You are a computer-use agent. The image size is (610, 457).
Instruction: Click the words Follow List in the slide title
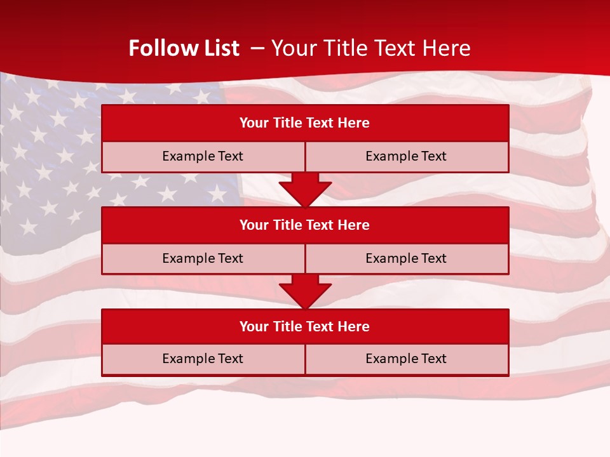tap(184, 48)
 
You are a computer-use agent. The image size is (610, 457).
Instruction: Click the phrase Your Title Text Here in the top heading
tap(370, 48)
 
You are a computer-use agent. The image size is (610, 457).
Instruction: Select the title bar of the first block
tap(305, 123)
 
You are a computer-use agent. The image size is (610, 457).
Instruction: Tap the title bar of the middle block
tap(305, 225)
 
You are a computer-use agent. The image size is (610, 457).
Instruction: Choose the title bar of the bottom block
tap(305, 327)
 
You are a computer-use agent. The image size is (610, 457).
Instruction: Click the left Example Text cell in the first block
tap(203, 156)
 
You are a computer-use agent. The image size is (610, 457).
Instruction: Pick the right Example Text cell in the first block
tap(406, 156)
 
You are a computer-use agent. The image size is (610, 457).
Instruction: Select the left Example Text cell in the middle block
tap(203, 258)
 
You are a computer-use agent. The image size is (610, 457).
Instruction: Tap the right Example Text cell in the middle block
tap(406, 258)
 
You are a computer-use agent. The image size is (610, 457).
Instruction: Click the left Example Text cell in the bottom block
tap(203, 359)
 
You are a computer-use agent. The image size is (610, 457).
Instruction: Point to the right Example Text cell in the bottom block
tap(406, 359)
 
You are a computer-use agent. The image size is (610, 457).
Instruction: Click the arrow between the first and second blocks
tap(305, 189)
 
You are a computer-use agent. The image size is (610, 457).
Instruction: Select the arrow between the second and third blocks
tap(305, 291)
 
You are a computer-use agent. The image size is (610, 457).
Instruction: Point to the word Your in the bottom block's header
tap(254, 327)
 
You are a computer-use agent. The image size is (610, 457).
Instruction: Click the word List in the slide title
tap(219, 48)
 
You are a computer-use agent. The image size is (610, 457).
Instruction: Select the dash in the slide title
tap(257, 48)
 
